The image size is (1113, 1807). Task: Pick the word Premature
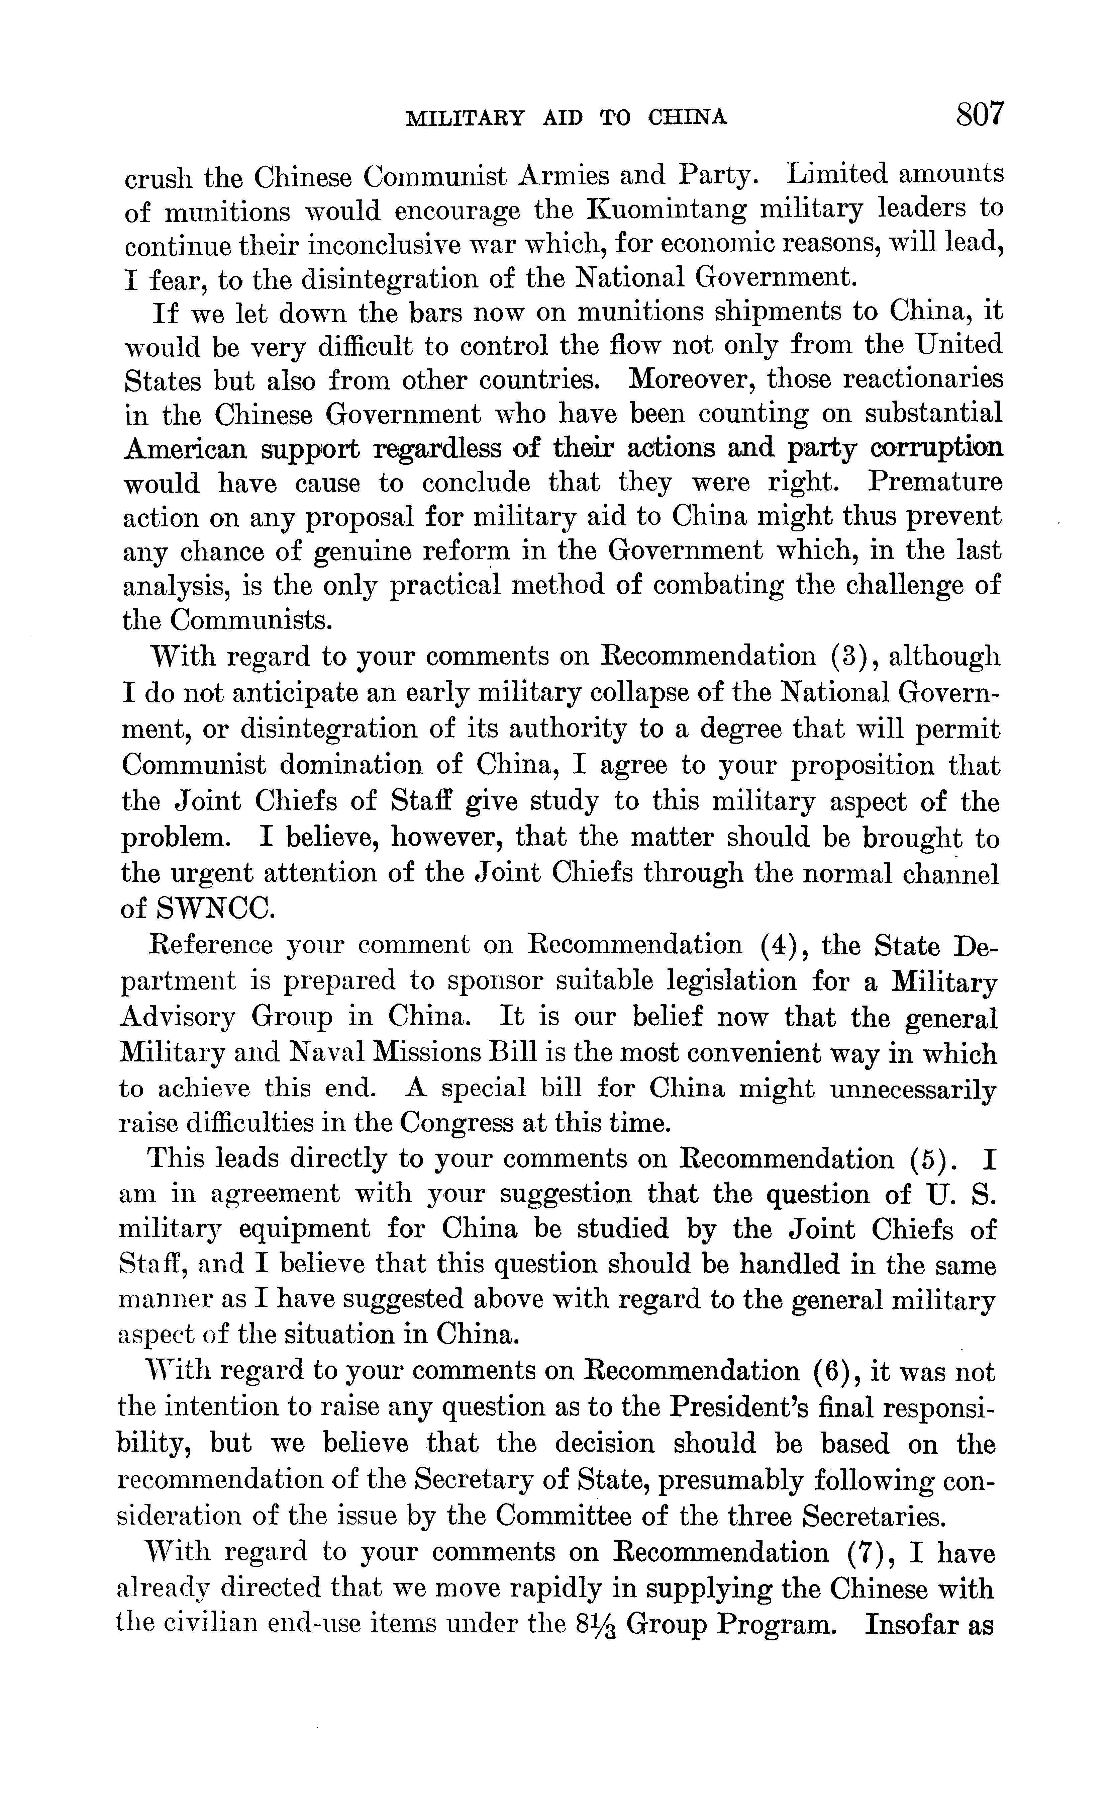coord(935,483)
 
